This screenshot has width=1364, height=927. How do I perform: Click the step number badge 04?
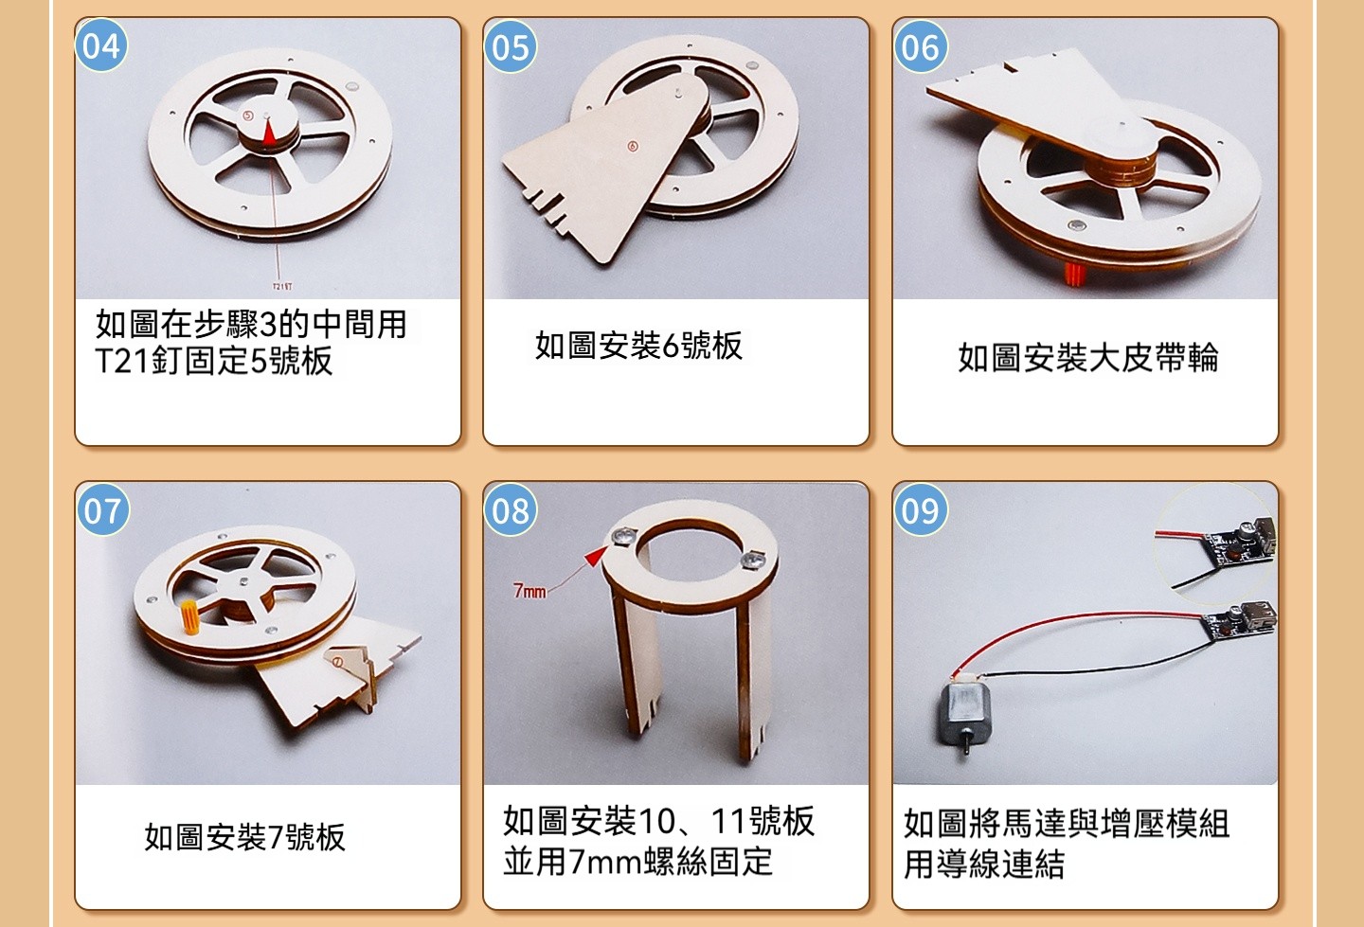(101, 46)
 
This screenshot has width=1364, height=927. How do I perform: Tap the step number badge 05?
(511, 46)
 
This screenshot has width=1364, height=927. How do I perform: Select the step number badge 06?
(920, 46)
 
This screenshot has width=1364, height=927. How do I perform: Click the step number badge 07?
(103, 510)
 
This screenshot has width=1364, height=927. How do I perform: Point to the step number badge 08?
(511, 510)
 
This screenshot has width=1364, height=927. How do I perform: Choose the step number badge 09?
(920, 510)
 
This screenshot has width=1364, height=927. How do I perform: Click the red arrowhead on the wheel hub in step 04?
(269, 132)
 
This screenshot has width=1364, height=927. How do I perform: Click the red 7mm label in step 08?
(529, 591)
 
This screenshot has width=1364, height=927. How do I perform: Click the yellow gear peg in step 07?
(189, 617)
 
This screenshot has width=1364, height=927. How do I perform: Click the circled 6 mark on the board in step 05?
(633, 146)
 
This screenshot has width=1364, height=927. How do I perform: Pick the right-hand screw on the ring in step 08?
(753, 559)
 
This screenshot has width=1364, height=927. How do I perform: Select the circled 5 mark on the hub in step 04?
(248, 116)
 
